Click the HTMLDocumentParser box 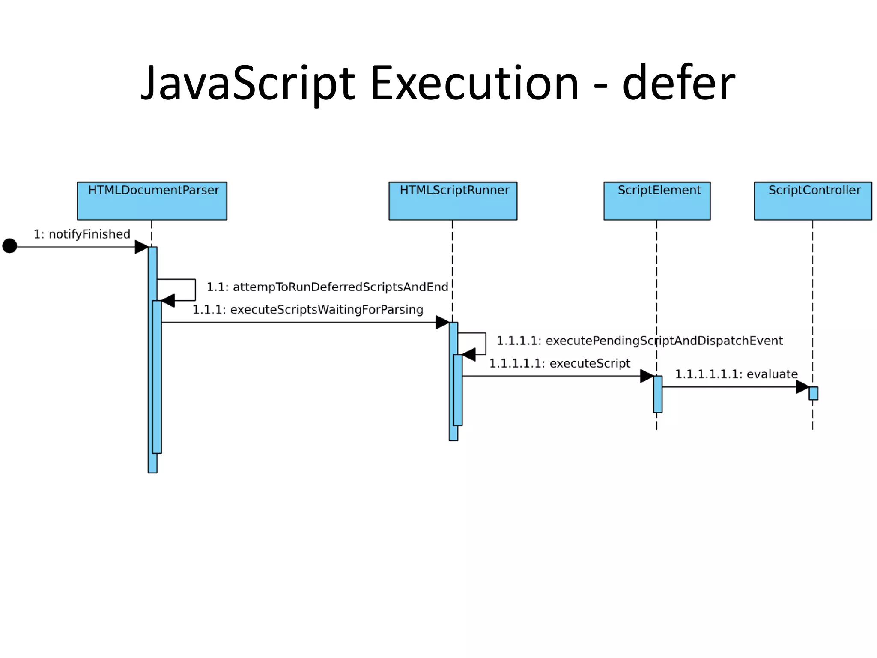click(152, 201)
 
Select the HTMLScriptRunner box click(453, 201)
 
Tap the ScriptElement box click(657, 201)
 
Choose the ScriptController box click(812, 201)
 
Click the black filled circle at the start click(9, 246)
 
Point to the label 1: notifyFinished click(82, 234)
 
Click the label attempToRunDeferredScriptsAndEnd click(327, 287)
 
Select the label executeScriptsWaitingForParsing click(307, 310)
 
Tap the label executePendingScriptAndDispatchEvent click(639, 341)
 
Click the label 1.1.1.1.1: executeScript click(559, 364)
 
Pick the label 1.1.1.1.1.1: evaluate click(736, 374)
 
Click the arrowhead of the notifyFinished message click(141, 247)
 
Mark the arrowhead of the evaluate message click(802, 387)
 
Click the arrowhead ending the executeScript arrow click(647, 376)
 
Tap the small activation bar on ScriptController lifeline click(813, 393)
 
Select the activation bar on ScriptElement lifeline click(657, 394)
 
